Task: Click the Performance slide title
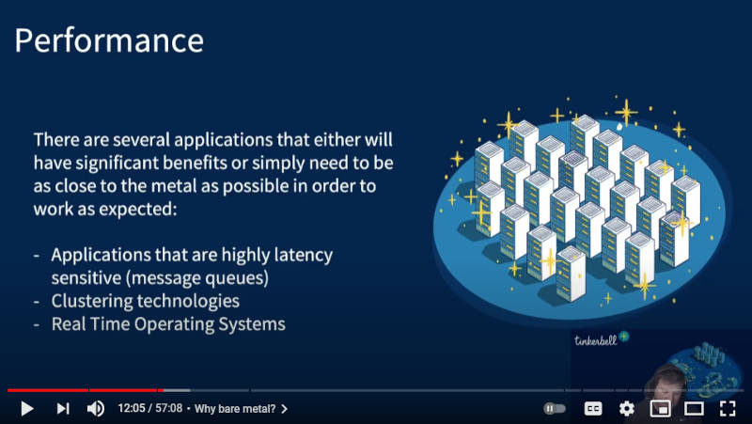(x=109, y=40)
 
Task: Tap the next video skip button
(x=63, y=408)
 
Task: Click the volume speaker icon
(x=96, y=408)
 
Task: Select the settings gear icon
(x=626, y=408)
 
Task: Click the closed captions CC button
(x=593, y=408)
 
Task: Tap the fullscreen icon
(x=728, y=408)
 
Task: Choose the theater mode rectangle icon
(x=694, y=408)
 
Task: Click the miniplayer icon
(x=660, y=408)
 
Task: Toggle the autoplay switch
(x=555, y=408)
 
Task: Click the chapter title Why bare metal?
(x=235, y=409)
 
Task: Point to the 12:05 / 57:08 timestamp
(x=150, y=408)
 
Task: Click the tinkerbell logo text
(x=596, y=340)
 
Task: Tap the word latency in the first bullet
(x=303, y=255)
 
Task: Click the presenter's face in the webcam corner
(x=666, y=384)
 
